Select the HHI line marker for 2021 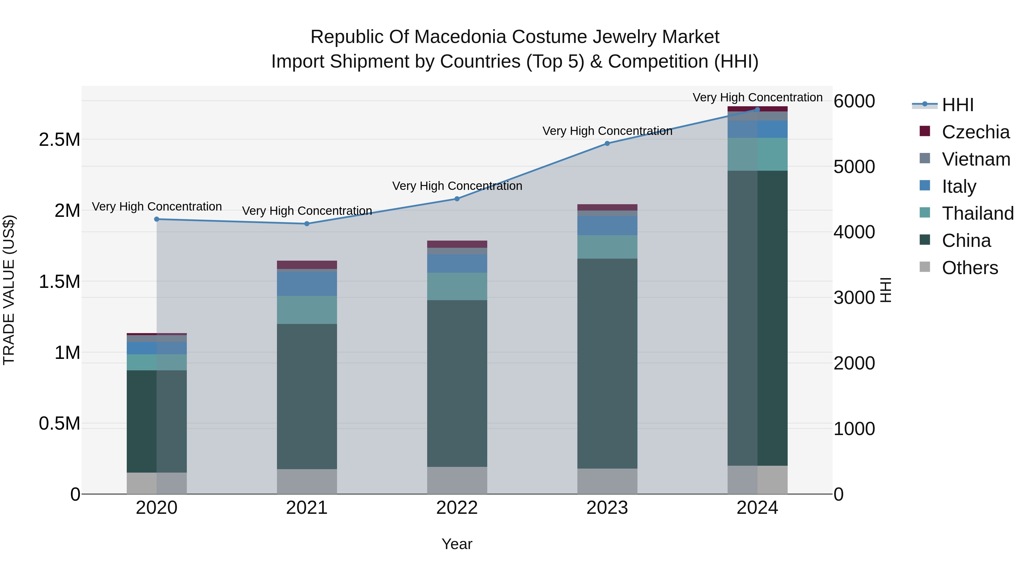coord(307,224)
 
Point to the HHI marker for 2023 coord(607,143)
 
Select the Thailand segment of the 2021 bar coord(307,310)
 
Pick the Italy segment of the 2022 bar coord(457,264)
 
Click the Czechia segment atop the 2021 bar coord(307,265)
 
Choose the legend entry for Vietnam coord(976,159)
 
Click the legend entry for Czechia coord(975,132)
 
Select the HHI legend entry coord(957,105)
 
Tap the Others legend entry coord(970,268)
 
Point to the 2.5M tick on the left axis coord(59,140)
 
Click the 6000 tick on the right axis coord(854,101)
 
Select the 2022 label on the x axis coord(457,508)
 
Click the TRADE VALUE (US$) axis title coord(9,290)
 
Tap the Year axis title coord(457,544)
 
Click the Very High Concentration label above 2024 coord(757,97)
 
